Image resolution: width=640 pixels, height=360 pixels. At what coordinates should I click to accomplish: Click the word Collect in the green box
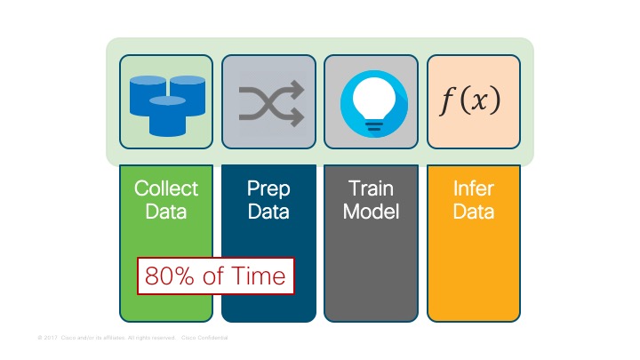166,188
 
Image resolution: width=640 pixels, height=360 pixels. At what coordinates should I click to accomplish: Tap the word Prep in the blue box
268,188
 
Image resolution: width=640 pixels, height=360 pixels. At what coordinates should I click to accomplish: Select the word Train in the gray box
372,188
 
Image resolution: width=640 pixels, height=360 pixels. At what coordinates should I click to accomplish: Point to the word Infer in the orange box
474,188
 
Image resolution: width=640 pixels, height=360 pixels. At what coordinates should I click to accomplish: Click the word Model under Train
372,212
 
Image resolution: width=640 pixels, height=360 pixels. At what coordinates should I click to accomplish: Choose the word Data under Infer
474,212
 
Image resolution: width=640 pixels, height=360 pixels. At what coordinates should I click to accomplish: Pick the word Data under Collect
166,212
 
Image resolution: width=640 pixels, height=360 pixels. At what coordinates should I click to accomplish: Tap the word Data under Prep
268,212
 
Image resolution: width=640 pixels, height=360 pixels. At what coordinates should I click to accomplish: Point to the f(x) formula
472,101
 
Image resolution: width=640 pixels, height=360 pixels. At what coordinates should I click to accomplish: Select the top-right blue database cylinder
188,91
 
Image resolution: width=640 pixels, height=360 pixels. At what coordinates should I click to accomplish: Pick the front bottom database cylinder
167,116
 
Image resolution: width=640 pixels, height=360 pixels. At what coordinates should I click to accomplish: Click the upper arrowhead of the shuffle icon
298,88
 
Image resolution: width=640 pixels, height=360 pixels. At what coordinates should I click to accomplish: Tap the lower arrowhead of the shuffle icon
298,116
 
